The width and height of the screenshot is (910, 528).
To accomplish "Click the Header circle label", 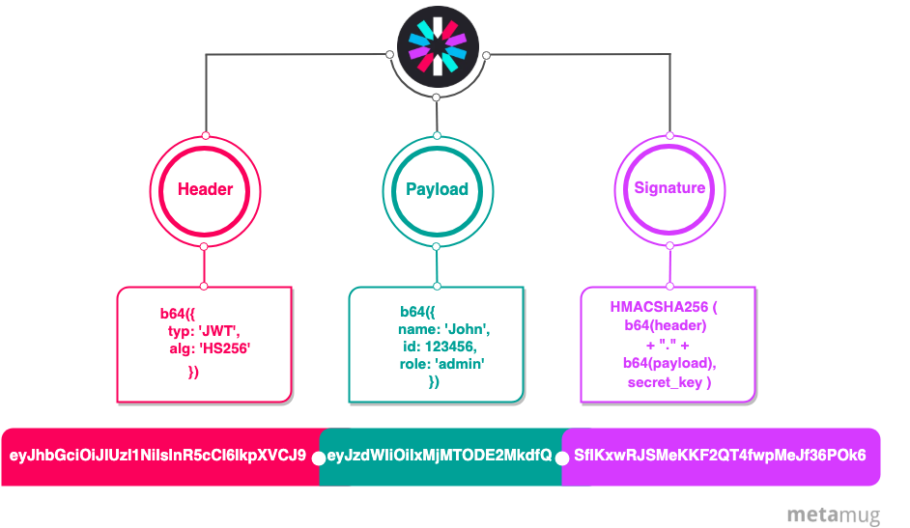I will click(205, 189).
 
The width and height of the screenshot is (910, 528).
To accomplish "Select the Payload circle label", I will click(437, 189).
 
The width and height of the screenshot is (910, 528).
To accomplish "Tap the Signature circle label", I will click(668, 188).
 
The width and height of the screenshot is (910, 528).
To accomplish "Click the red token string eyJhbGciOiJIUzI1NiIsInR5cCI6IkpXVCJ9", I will click(158, 456).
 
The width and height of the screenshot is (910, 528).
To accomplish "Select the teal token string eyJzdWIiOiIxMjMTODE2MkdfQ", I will click(440, 456).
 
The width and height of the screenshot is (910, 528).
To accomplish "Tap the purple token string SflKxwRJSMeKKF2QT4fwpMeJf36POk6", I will click(720, 456).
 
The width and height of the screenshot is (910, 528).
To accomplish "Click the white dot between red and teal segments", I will click(319, 458).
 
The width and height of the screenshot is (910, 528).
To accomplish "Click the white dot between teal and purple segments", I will click(561, 458).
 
